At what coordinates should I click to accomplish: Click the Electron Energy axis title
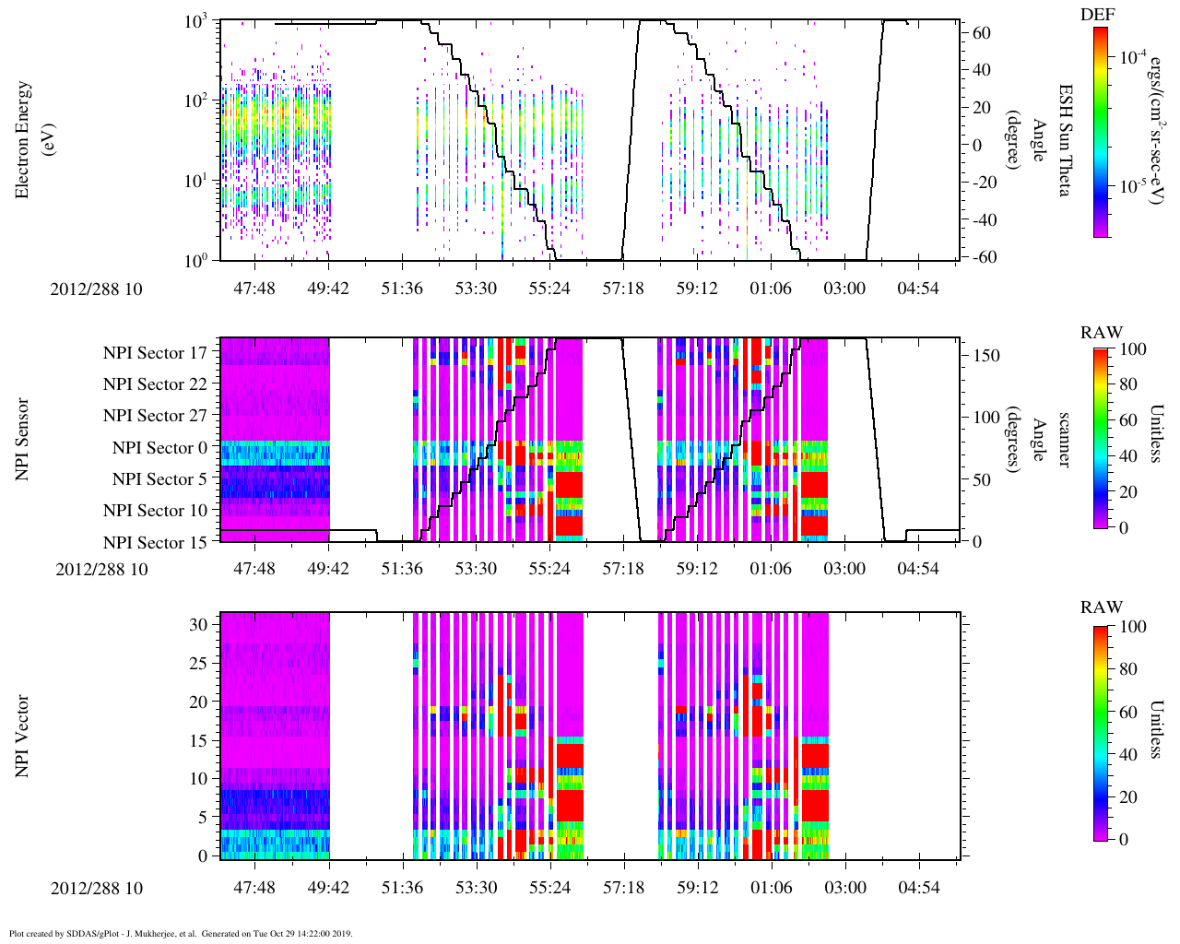(24, 140)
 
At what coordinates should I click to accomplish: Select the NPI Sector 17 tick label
(155, 352)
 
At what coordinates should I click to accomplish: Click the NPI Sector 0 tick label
(159, 448)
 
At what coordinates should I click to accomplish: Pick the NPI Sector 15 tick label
(155, 543)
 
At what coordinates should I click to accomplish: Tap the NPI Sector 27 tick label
(155, 416)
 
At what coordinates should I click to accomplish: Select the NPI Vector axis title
(24, 737)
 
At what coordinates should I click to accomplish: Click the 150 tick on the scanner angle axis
(987, 356)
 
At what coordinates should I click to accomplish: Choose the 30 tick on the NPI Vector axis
(199, 624)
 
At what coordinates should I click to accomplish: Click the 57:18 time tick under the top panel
(623, 289)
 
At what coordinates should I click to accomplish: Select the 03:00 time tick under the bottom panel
(844, 888)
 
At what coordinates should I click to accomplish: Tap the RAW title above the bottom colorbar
(1102, 608)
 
